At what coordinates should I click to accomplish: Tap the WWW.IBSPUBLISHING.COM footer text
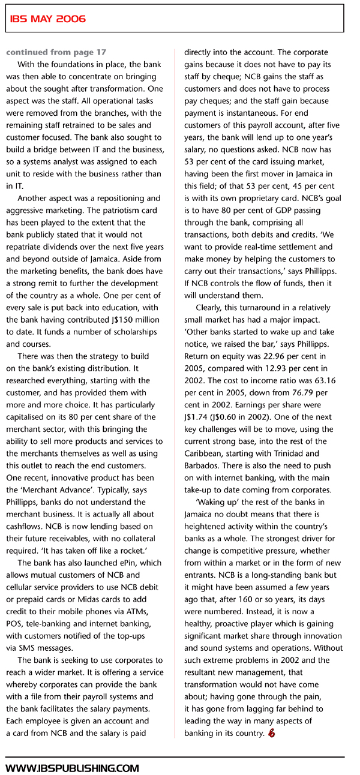click(73, 767)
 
